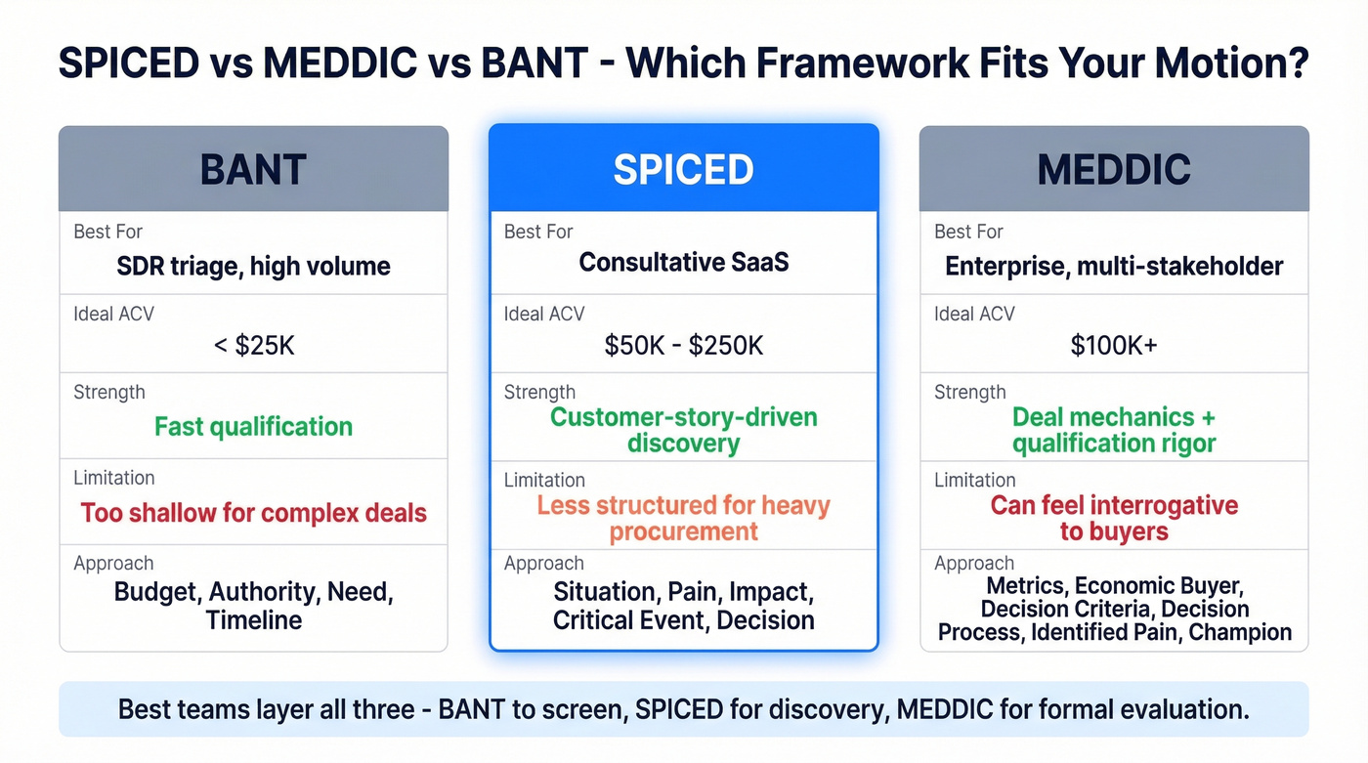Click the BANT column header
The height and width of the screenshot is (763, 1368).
253,169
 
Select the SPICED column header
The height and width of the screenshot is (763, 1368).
683,169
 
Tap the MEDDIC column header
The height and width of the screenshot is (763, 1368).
1114,169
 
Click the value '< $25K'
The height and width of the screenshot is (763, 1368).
253,345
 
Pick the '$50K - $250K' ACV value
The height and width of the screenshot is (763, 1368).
683,345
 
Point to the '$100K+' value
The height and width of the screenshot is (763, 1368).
1114,345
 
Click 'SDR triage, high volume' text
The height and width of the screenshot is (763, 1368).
253,266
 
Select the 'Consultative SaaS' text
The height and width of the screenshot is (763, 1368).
683,263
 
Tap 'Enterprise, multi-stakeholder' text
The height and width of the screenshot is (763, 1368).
1114,266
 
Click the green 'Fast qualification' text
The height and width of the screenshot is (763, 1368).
253,427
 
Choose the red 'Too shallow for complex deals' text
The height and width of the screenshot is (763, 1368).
253,513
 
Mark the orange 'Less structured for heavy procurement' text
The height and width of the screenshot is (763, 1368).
683,519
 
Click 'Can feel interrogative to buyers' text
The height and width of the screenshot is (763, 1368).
1114,519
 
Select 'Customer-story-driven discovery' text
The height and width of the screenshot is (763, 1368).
683,430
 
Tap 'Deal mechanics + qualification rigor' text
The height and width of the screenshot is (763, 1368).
1114,430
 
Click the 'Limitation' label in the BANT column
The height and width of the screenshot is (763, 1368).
113,478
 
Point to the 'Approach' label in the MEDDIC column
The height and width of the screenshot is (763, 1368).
974,564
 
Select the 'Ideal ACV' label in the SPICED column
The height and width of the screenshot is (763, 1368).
544,314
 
